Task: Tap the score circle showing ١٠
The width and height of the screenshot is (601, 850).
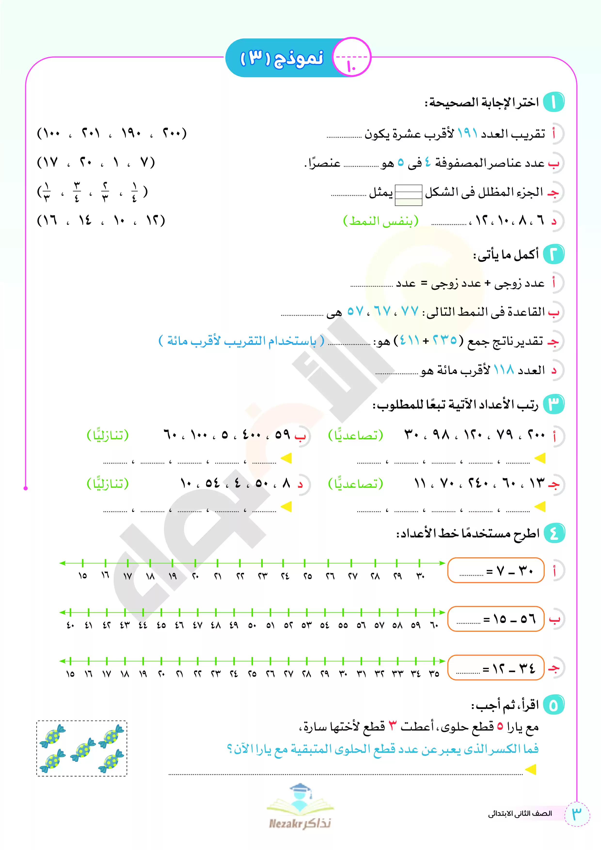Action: point(351,58)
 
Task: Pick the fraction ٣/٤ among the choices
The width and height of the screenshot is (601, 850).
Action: point(77,192)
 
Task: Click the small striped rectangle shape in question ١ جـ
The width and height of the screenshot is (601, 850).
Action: point(408,194)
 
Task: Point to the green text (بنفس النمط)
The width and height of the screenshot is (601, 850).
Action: point(381,221)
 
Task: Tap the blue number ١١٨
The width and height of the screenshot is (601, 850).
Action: point(504,370)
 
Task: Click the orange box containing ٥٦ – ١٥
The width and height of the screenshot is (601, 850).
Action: point(496,619)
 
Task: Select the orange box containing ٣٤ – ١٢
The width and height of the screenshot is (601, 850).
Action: point(496,668)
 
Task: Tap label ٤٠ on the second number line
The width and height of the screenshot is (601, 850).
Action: point(70,626)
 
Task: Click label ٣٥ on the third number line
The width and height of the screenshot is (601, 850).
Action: point(434,674)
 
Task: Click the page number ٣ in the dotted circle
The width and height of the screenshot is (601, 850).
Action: point(577,813)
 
